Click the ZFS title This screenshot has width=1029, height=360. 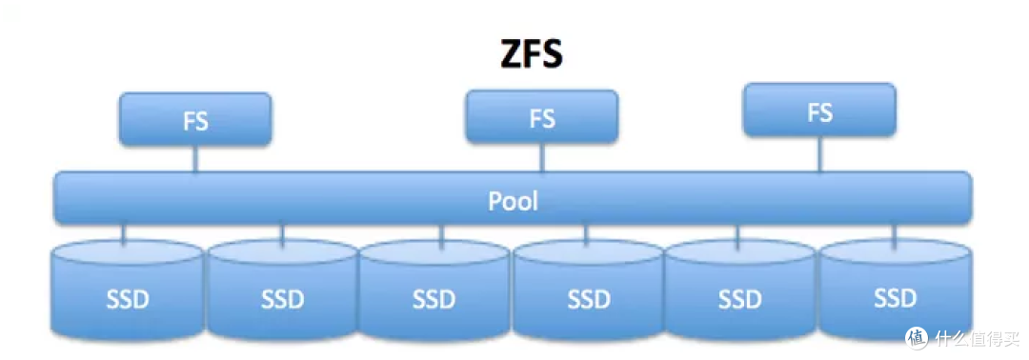532,55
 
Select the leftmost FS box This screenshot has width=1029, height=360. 195,120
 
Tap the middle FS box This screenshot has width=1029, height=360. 541,117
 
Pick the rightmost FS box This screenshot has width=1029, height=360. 819,110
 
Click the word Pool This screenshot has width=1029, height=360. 513,201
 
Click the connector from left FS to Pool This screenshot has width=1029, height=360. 195,159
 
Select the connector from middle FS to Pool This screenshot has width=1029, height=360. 541,157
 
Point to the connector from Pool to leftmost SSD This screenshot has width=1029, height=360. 123,233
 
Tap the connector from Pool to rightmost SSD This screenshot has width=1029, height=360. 893,232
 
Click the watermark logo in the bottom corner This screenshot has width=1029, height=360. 917,338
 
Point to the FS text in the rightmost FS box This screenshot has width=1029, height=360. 819,112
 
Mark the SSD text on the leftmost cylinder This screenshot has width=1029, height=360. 128,299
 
